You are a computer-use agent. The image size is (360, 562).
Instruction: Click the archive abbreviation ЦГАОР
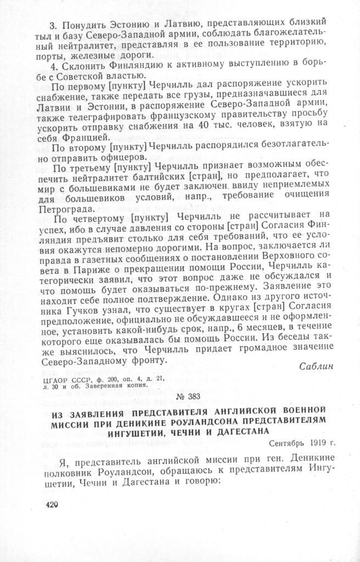[55, 377]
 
